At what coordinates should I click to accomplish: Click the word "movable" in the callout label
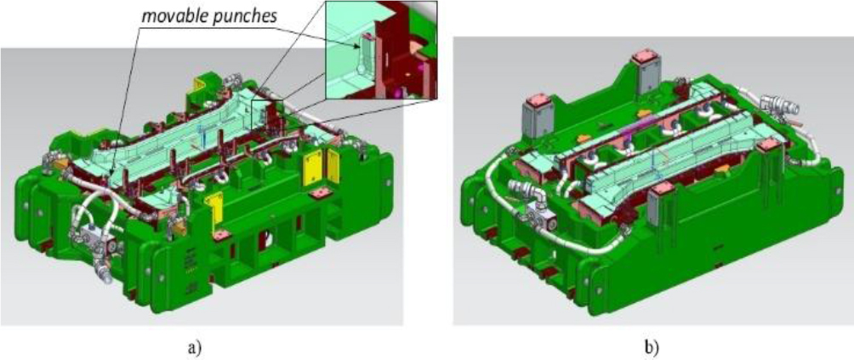pos(168,16)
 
